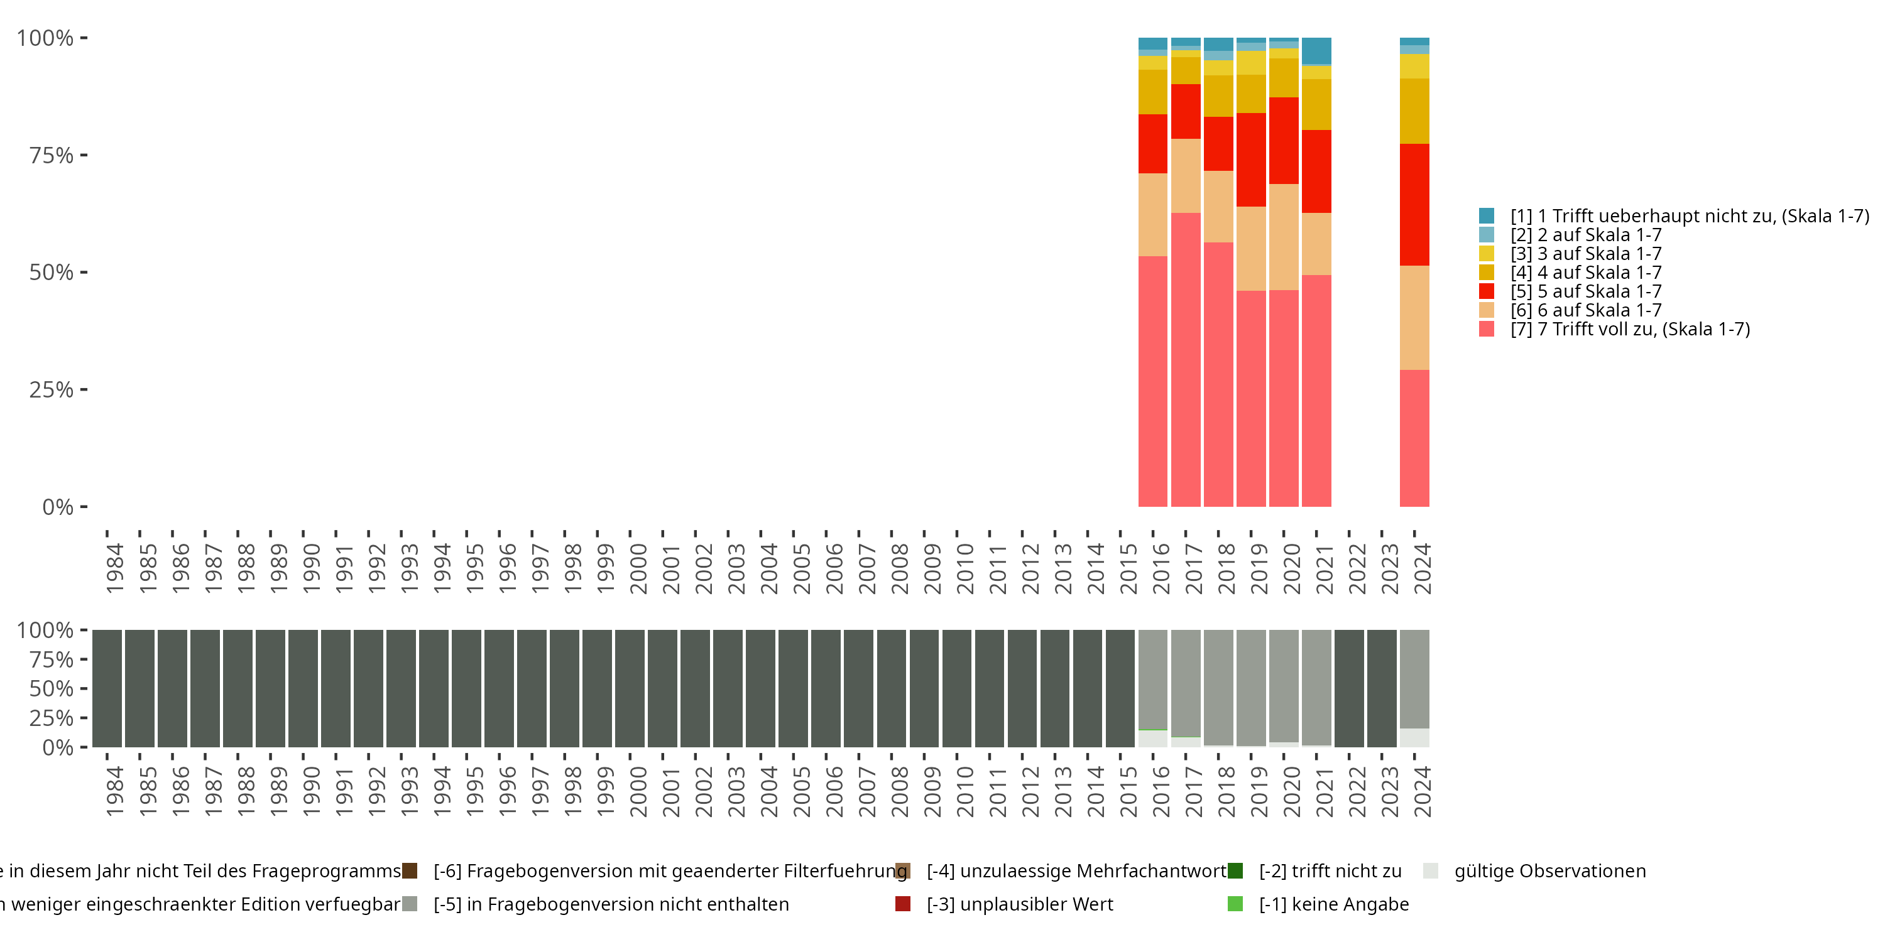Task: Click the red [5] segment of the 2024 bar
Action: coord(1414,205)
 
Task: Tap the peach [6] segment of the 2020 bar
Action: coord(1284,237)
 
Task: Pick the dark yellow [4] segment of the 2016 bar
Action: coord(1152,92)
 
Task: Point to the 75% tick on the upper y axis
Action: coord(84,155)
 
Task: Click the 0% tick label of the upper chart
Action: coord(58,507)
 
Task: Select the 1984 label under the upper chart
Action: coord(115,568)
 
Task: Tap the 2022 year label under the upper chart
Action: coord(1357,568)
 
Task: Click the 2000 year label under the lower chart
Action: coord(638,791)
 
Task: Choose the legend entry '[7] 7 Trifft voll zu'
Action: coord(1631,329)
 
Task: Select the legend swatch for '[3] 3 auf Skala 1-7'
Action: coord(1486,254)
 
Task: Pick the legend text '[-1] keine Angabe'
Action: coord(1333,904)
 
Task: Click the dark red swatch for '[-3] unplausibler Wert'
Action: coord(903,904)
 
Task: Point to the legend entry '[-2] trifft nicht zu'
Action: coord(1330,871)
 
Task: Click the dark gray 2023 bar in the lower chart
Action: coord(1382,688)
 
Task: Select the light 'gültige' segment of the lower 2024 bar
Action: coord(1414,738)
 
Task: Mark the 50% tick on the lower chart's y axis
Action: coord(84,688)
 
